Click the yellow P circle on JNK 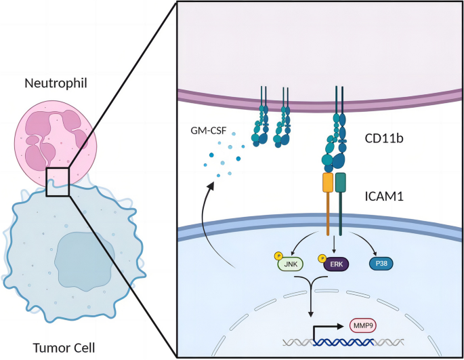(277, 256)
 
